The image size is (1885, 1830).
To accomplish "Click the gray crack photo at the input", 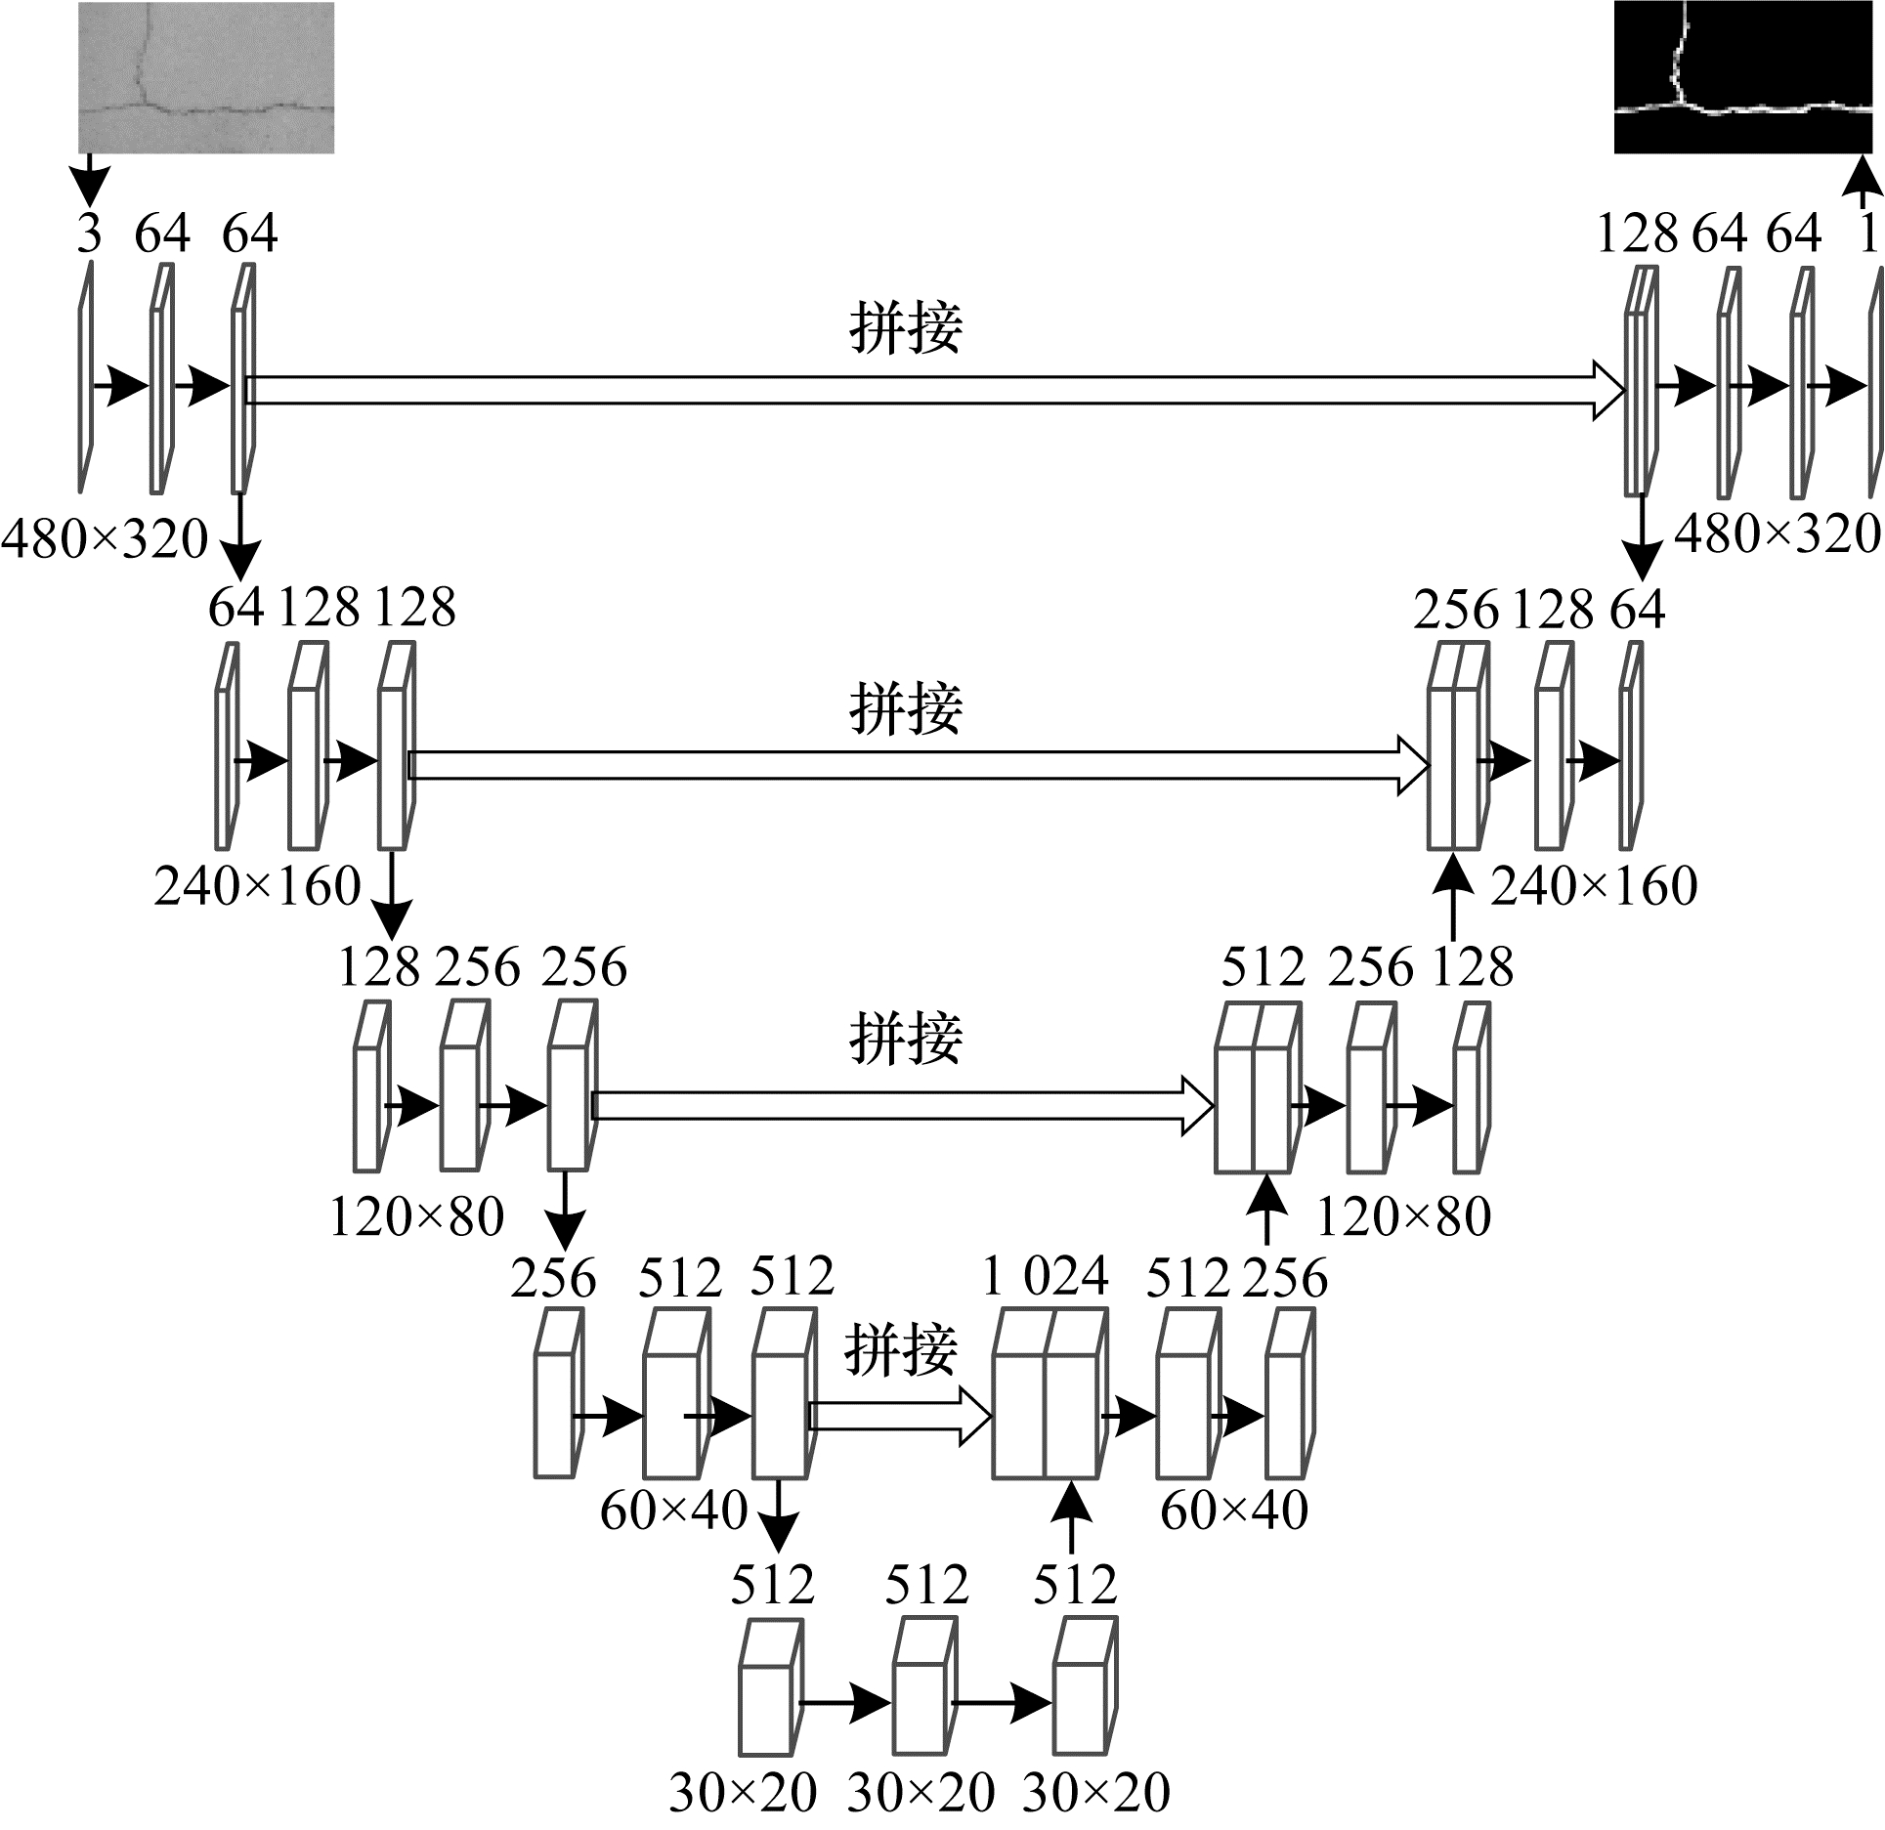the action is (206, 77).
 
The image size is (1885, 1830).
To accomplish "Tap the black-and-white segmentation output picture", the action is (1743, 77).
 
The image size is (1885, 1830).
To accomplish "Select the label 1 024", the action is (1046, 1277).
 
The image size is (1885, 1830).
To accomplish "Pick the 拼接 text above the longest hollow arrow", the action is (906, 327).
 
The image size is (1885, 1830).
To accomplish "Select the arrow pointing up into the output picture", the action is (1864, 182).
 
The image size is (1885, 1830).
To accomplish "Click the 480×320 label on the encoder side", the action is (106, 538).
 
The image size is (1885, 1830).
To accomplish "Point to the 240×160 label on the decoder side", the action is (1594, 886).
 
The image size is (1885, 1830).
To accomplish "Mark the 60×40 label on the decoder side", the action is (1234, 1511).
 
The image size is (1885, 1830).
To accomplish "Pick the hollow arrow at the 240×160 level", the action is (919, 766).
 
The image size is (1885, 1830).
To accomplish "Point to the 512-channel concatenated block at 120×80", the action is (1259, 1087).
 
